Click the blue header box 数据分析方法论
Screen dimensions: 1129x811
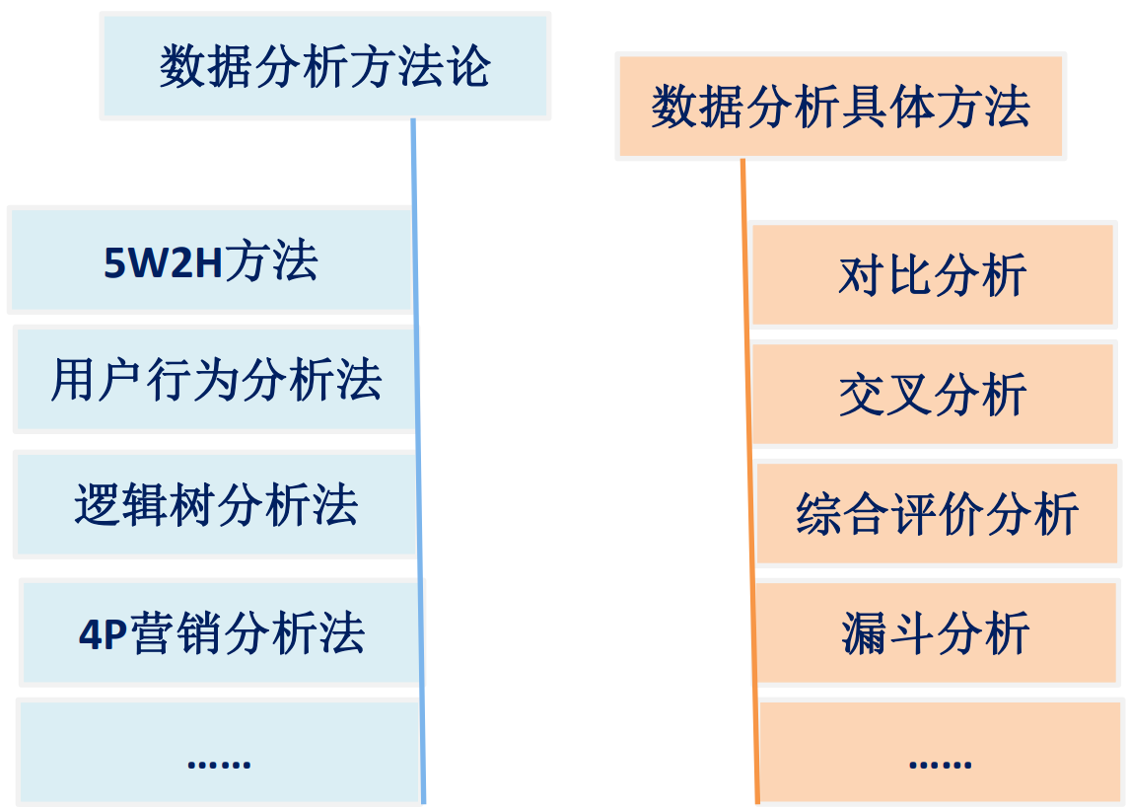(324, 66)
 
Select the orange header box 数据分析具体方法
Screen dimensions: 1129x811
(840, 107)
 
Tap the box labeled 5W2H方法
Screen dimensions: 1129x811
(210, 261)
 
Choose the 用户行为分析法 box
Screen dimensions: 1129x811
(215, 380)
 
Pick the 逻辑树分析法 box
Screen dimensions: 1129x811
(216, 504)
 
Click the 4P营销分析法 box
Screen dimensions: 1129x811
(221, 632)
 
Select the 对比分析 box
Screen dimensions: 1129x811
(932, 275)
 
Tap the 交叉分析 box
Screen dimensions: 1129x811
(932, 394)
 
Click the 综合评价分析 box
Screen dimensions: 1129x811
(936, 513)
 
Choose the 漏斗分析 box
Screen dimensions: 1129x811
(936, 632)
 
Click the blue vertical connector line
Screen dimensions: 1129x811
(418, 444)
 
